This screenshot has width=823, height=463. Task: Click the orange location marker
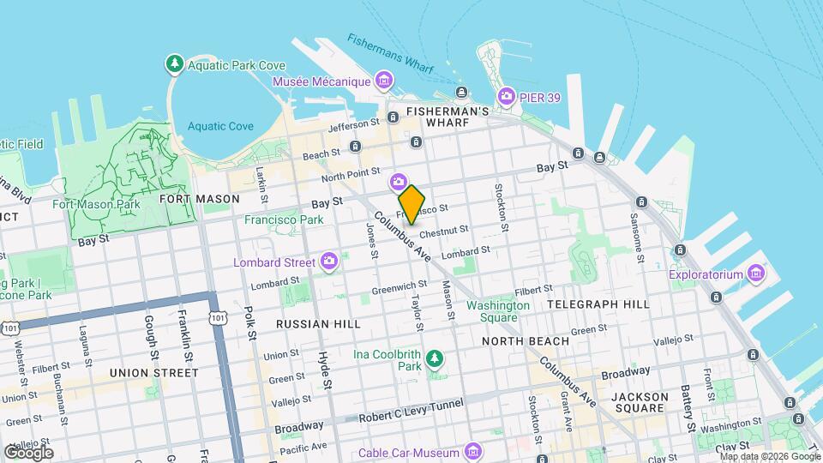coord(412,205)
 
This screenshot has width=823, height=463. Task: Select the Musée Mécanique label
coord(321,81)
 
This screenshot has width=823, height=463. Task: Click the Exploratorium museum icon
coord(755,274)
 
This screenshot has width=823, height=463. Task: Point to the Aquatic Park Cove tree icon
coord(175,63)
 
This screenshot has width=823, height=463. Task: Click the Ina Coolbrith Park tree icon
coord(436,357)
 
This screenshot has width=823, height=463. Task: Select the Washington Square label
coord(497,311)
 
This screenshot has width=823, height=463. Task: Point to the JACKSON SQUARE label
coord(640,404)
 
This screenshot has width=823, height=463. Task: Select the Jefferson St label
coord(353,124)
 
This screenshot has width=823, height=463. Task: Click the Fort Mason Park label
coord(108,204)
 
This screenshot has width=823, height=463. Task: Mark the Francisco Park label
coord(284,219)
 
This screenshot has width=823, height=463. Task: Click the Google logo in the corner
coord(27,452)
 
